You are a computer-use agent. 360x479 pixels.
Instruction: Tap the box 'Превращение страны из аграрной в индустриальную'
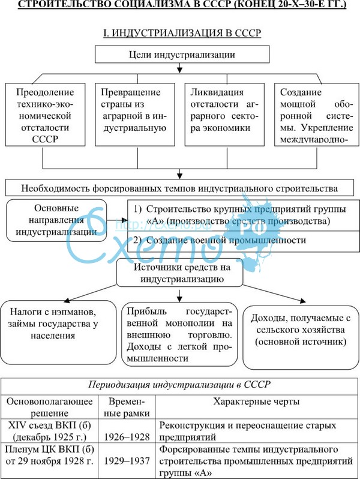click(x=137, y=114)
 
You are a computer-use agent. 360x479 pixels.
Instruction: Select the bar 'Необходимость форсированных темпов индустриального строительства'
click(x=179, y=187)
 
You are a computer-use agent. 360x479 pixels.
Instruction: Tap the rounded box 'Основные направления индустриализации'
click(x=59, y=220)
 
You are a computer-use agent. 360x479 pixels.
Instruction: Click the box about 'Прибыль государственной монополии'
click(x=180, y=335)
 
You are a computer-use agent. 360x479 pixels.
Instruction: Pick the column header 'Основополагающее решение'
click(x=47, y=406)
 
